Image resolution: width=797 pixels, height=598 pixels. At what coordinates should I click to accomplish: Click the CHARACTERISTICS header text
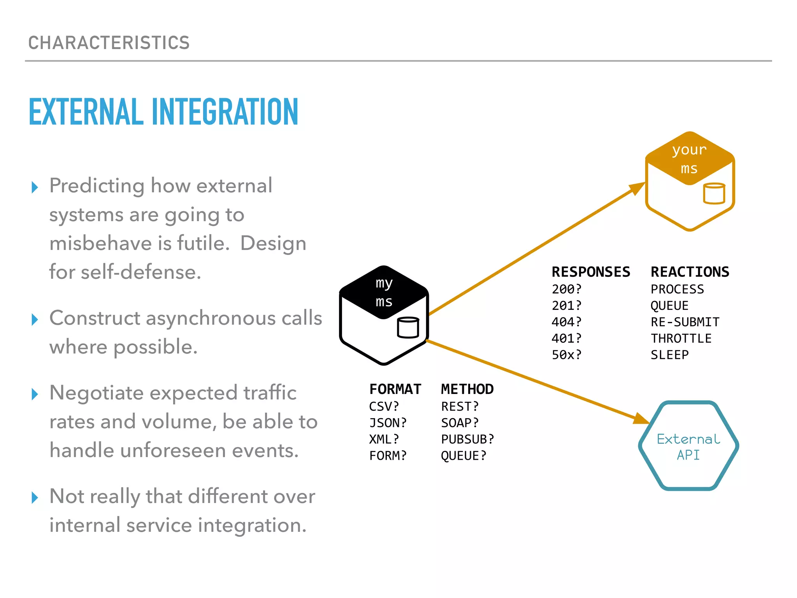[x=109, y=43]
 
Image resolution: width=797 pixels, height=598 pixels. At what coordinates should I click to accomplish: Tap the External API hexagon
[x=688, y=446]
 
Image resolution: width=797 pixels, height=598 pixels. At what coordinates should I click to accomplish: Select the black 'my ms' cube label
[x=384, y=292]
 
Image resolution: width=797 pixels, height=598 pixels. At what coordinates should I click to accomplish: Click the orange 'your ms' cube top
[x=689, y=159]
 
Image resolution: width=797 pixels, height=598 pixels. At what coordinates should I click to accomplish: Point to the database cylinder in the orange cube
[x=714, y=193]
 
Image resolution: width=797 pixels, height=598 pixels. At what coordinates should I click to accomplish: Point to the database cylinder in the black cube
[x=408, y=327]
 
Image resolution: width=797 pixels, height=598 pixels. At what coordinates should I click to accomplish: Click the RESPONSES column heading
[x=591, y=272]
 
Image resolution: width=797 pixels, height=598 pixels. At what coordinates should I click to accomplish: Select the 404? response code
[x=566, y=322]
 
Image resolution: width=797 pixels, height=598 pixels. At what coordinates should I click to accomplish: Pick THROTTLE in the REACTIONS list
[x=681, y=338]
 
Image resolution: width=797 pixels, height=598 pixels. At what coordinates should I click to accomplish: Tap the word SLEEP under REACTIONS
[x=670, y=355]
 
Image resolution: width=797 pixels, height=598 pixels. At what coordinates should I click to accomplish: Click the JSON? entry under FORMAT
[x=388, y=423]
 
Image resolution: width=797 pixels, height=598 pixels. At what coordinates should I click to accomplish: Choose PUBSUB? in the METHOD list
[x=467, y=439]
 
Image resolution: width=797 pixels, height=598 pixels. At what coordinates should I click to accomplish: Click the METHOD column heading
[x=467, y=389]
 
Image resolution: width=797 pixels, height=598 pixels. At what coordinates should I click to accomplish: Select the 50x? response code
[x=566, y=355]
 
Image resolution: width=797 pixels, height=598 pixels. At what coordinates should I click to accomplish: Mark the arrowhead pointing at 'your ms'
[x=637, y=188]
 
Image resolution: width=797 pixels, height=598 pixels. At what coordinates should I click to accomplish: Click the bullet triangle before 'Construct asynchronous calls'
[x=35, y=320]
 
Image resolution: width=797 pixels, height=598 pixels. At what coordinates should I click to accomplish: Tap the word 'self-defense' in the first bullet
[x=141, y=272]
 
